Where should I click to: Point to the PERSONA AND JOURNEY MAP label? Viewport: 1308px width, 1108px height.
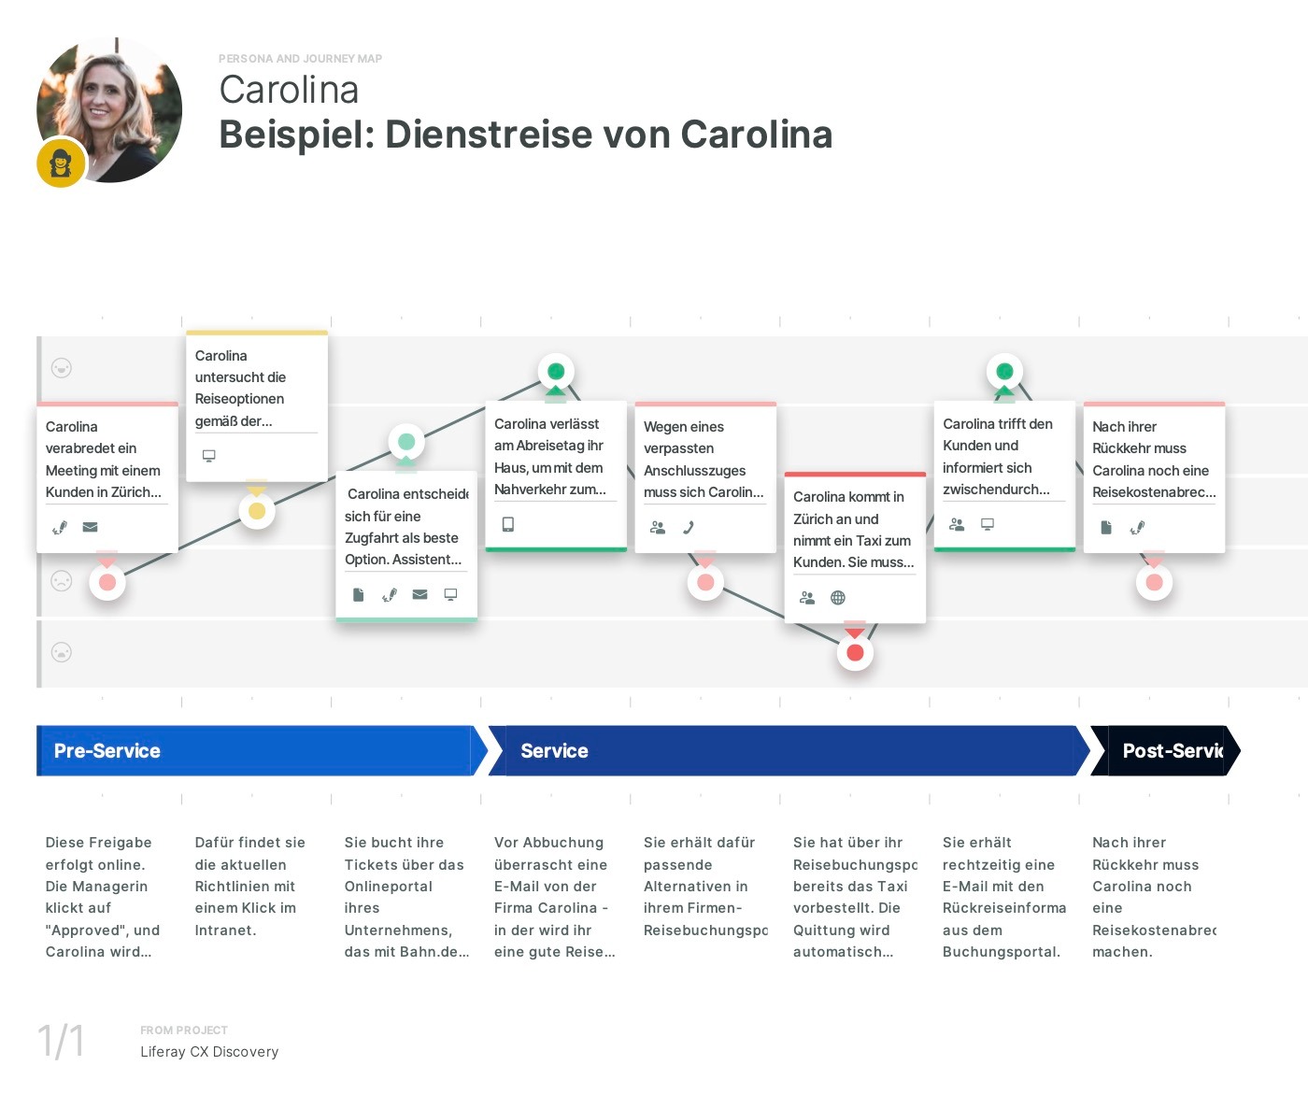point(300,59)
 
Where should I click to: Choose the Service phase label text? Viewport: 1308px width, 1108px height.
point(554,751)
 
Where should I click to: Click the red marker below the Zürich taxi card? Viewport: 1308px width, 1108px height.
point(855,652)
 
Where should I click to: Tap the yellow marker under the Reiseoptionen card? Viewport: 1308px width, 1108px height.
point(257,511)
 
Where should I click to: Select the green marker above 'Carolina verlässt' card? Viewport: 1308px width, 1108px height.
point(556,372)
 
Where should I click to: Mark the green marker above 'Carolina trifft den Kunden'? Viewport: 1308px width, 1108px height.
point(1004,372)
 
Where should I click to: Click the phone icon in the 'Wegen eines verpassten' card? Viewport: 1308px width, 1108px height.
point(689,527)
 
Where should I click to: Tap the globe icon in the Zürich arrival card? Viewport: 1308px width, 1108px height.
point(838,598)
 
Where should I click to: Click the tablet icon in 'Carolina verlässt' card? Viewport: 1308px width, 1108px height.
point(508,524)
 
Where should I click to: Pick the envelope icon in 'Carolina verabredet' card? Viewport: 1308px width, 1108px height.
point(90,527)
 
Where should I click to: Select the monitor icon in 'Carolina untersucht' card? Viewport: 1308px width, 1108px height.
point(209,456)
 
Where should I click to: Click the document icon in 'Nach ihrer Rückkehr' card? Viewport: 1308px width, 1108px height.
point(1106,527)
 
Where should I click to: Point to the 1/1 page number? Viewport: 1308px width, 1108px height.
point(61,1041)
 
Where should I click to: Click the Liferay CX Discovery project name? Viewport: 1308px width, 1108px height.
point(209,1052)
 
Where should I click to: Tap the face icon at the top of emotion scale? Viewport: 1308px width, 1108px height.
point(62,368)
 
